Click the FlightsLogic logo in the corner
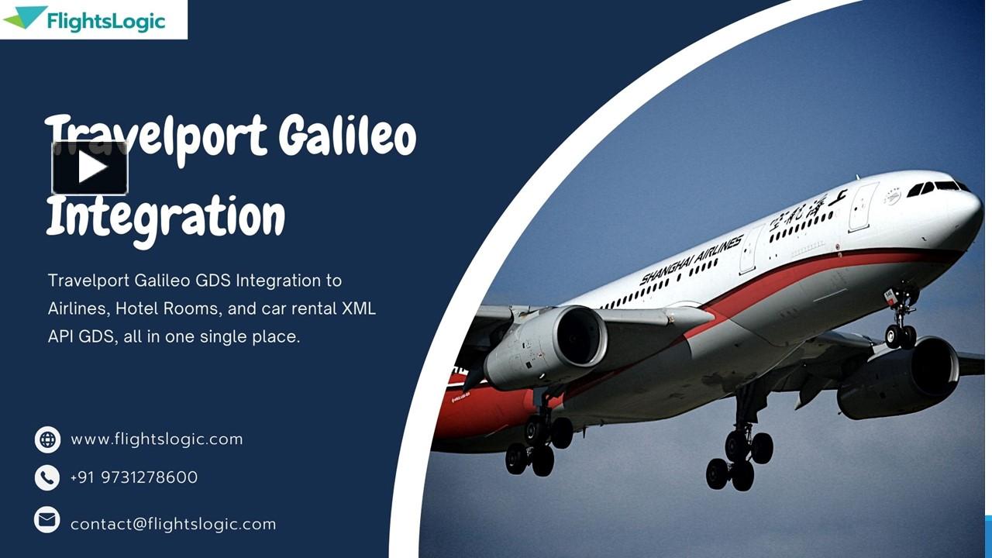[x=93, y=19]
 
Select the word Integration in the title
[x=166, y=216]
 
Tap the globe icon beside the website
[x=47, y=439]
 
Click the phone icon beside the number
[x=47, y=477]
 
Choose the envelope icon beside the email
[x=47, y=519]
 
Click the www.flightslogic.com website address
[x=157, y=439]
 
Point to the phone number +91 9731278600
[x=134, y=477]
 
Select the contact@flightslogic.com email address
[x=173, y=524]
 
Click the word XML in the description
[x=359, y=308]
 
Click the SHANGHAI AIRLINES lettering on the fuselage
[x=692, y=259]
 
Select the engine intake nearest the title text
[x=577, y=336]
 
